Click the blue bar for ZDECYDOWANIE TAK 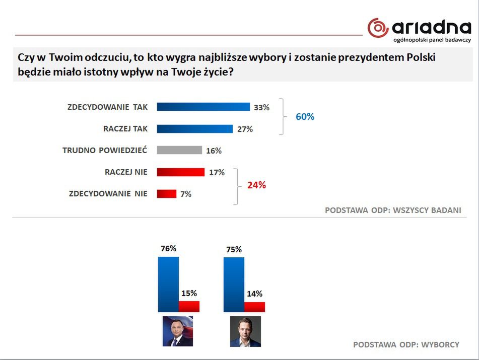pyautogui.click(x=203, y=107)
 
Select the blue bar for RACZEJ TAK pyautogui.click(x=194, y=128)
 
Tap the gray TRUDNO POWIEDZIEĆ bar pyautogui.click(x=179, y=150)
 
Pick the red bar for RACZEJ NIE pyautogui.click(x=180, y=172)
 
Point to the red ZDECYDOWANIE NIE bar pyautogui.click(x=167, y=194)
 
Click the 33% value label pyautogui.click(x=261, y=107)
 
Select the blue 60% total pyautogui.click(x=305, y=117)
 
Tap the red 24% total pyautogui.click(x=256, y=185)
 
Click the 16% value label pyautogui.click(x=214, y=151)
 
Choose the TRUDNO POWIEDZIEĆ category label pyautogui.click(x=105, y=150)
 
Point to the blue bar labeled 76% pyautogui.click(x=168, y=284)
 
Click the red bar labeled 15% pyautogui.click(x=189, y=307)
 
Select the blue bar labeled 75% pyautogui.click(x=234, y=284)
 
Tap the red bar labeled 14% pyautogui.click(x=254, y=307)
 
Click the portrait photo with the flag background pyautogui.click(x=178, y=331)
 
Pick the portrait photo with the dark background pyautogui.click(x=245, y=331)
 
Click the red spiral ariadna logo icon pyautogui.click(x=378, y=28)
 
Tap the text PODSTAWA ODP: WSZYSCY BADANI pyautogui.click(x=393, y=210)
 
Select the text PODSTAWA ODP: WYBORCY pyautogui.click(x=406, y=345)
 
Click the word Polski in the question pyautogui.click(x=416, y=57)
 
